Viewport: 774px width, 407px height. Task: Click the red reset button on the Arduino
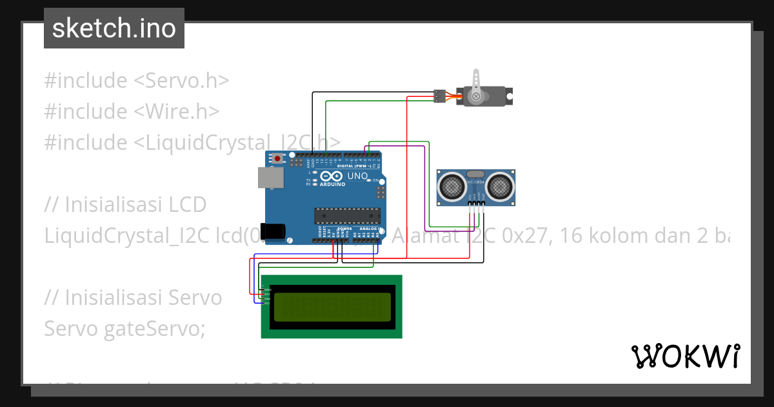point(278,158)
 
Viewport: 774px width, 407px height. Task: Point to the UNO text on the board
point(357,176)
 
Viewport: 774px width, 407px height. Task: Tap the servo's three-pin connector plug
point(440,96)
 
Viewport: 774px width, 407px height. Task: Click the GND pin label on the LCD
point(266,290)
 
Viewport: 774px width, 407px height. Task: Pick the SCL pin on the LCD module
point(266,302)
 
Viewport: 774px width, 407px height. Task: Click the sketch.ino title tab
point(114,28)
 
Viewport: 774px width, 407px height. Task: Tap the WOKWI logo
point(685,356)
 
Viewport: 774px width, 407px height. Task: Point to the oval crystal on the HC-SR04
point(475,173)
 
